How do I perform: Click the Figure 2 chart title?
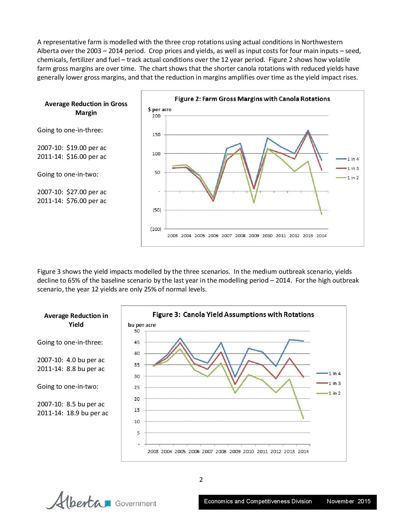(252, 99)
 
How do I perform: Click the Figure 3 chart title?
(233, 314)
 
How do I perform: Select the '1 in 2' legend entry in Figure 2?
(353, 178)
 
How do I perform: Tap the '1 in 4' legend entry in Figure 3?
(335, 374)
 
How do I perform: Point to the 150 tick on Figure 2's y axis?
(157, 135)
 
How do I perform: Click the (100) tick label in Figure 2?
(155, 229)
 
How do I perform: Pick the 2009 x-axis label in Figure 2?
(254, 236)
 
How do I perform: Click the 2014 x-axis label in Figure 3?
(303, 451)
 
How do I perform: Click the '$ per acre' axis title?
(160, 110)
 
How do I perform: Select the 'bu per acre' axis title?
(142, 325)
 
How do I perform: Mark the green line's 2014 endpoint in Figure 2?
(322, 214)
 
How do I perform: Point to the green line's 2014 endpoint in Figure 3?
(303, 418)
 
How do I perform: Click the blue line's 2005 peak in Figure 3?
(180, 338)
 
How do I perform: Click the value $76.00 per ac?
(86, 201)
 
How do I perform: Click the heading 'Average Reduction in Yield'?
(76, 320)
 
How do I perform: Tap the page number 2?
(201, 480)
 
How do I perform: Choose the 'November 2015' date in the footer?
(348, 501)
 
